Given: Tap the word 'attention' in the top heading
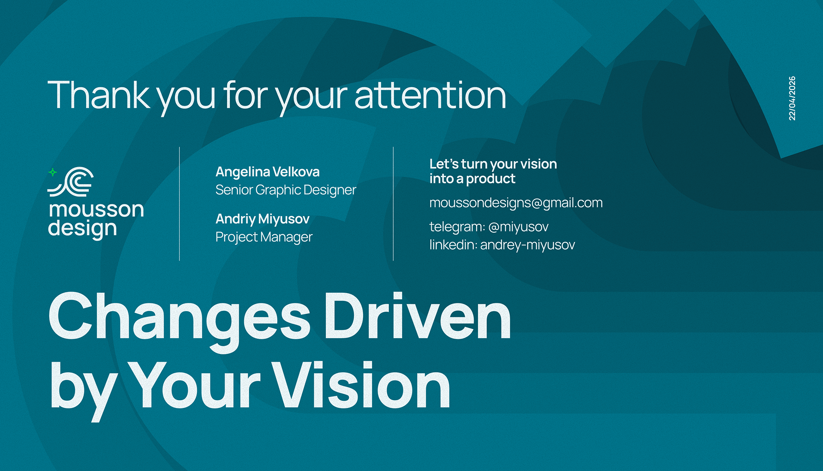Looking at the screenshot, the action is click(x=430, y=95).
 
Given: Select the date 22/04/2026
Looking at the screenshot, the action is click(x=792, y=98).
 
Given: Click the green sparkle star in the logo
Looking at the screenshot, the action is click(x=53, y=172).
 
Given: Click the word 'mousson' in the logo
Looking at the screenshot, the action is click(x=96, y=210).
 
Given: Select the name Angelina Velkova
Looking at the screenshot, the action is click(x=267, y=172).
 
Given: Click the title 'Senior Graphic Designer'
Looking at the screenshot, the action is click(x=285, y=190).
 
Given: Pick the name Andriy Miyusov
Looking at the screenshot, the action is click(x=262, y=219).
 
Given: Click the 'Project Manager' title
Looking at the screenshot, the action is click(x=264, y=237).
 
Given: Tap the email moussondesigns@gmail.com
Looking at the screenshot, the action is click(x=516, y=203).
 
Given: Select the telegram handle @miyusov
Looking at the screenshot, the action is click(x=518, y=227).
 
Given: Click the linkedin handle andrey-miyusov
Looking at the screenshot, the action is click(x=528, y=245).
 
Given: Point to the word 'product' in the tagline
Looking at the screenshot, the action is click(x=491, y=179).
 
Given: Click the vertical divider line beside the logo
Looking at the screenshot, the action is click(x=180, y=204).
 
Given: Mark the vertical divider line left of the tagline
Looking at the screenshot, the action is click(x=393, y=204).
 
